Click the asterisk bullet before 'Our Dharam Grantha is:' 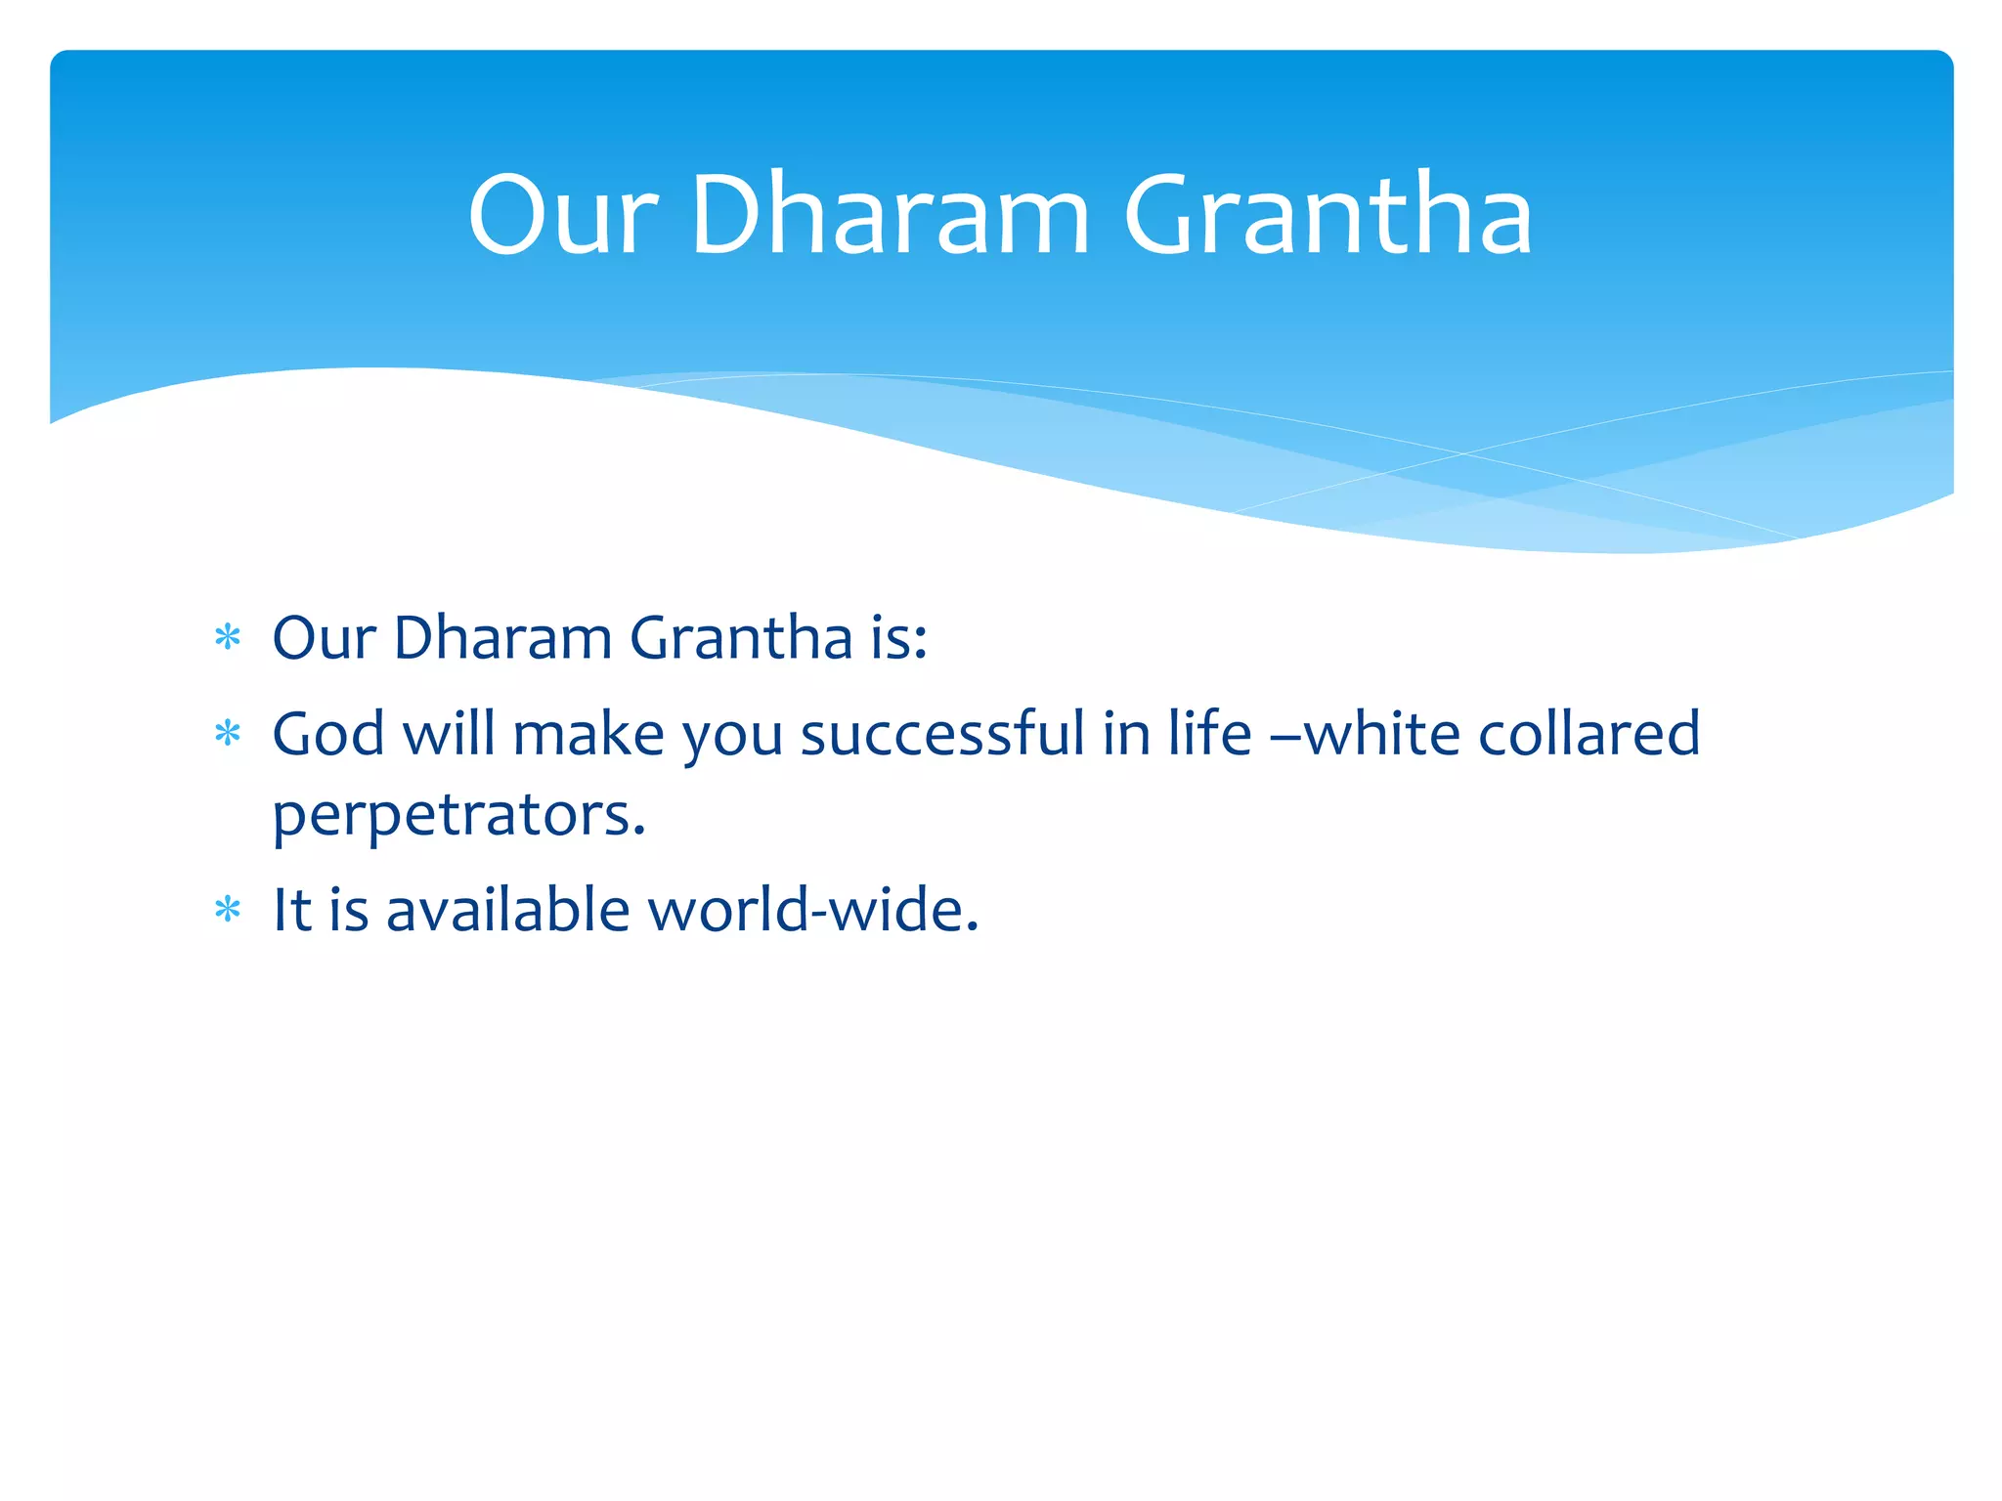(228, 639)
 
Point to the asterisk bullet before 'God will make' (228, 734)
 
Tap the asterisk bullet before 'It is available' (228, 911)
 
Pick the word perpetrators (458, 814)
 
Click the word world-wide (812, 911)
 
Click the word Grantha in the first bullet (741, 639)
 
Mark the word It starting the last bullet (291, 911)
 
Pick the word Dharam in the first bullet (502, 639)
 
